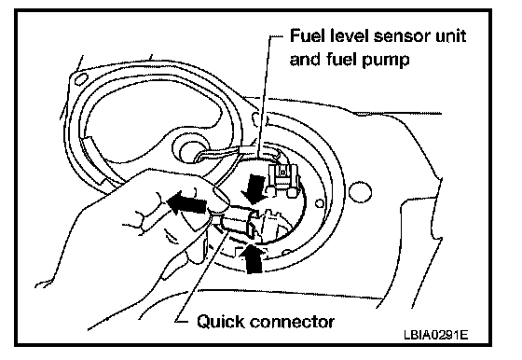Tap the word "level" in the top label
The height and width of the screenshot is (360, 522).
tap(350, 35)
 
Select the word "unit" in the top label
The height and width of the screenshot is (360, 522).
tap(451, 36)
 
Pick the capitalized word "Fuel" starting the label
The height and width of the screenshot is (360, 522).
tap(308, 35)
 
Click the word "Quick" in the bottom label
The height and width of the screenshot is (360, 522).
tap(221, 322)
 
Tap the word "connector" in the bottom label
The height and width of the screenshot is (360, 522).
tap(292, 323)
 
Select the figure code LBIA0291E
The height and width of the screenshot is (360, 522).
tap(436, 335)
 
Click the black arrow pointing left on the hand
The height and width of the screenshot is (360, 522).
tap(186, 202)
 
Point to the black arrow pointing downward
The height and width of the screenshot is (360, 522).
tap(254, 189)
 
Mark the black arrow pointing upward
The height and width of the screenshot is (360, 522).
tap(252, 258)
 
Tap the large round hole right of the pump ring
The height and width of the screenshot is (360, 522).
tap(360, 192)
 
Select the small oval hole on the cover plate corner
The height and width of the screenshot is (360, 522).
tap(81, 79)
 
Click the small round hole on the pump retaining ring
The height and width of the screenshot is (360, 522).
tap(320, 203)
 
